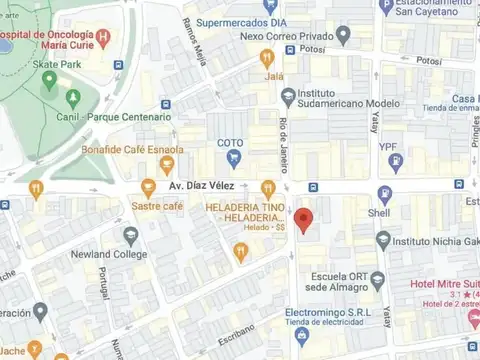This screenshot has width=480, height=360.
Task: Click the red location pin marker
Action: pyautogui.click(x=305, y=219)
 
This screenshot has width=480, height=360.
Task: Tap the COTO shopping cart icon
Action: pyautogui.click(x=234, y=158)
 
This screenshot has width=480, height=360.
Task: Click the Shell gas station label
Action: pyautogui.click(x=380, y=213)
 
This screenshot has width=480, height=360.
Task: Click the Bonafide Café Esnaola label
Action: pyautogui.click(x=135, y=150)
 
